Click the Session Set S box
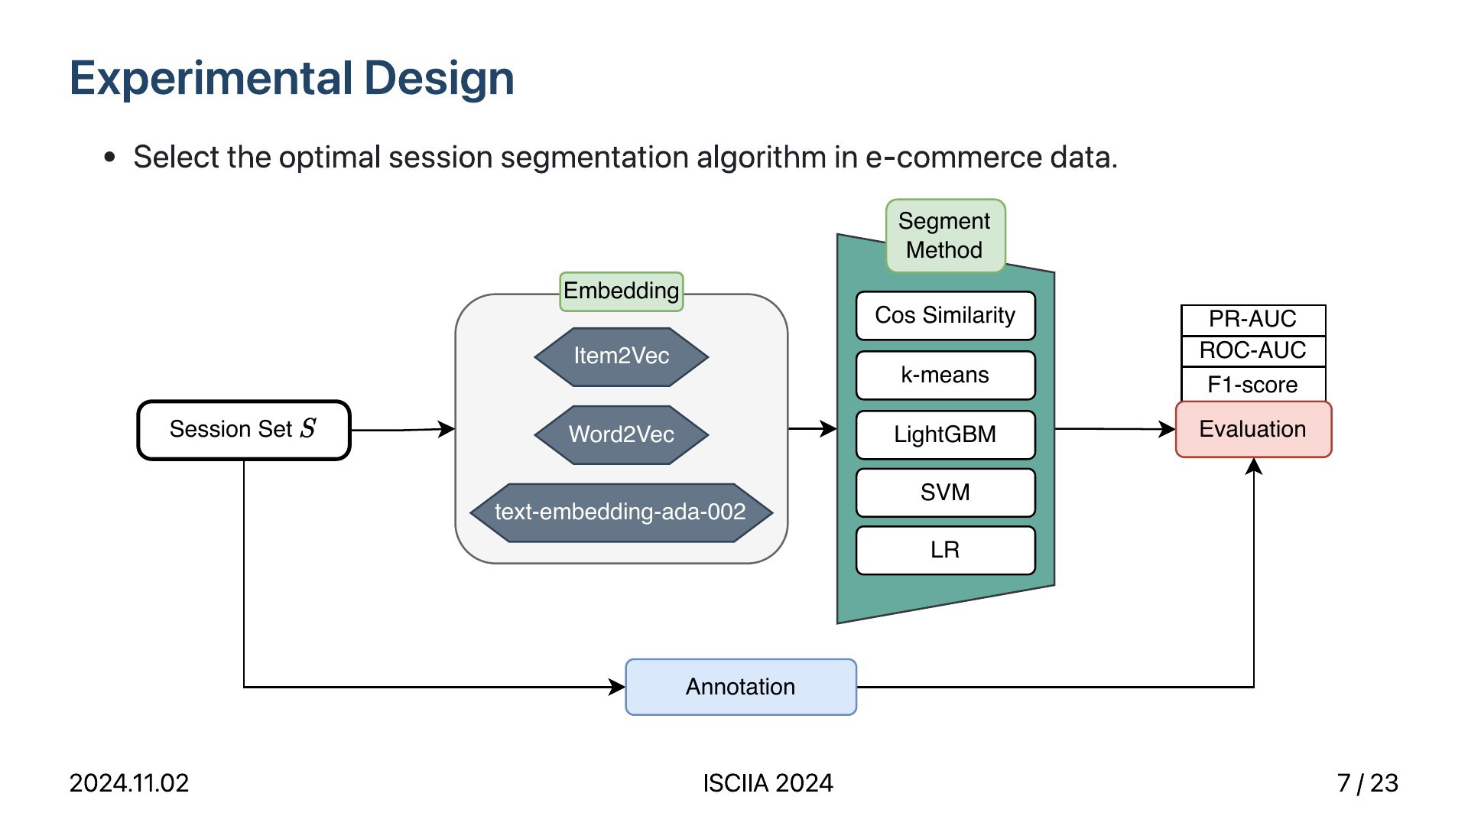[244, 430]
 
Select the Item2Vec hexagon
[622, 356]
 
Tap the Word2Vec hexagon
[622, 434]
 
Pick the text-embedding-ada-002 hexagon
[621, 512]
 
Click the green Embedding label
[622, 291]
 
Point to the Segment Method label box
[945, 236]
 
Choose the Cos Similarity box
[946, 315]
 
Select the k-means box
[946, 375]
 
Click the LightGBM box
[946, 434]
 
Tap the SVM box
[946, 493]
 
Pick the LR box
[946, 550]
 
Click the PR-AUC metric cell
[1253, 320]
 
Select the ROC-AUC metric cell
[1253, 351]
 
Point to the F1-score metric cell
[1253, 384]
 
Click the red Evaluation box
[1254, 429]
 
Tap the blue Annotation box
[741, 687]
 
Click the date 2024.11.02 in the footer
[129, 783]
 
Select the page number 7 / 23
[1368, 783]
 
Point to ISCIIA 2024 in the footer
[768, 783]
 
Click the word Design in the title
[439, 79]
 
